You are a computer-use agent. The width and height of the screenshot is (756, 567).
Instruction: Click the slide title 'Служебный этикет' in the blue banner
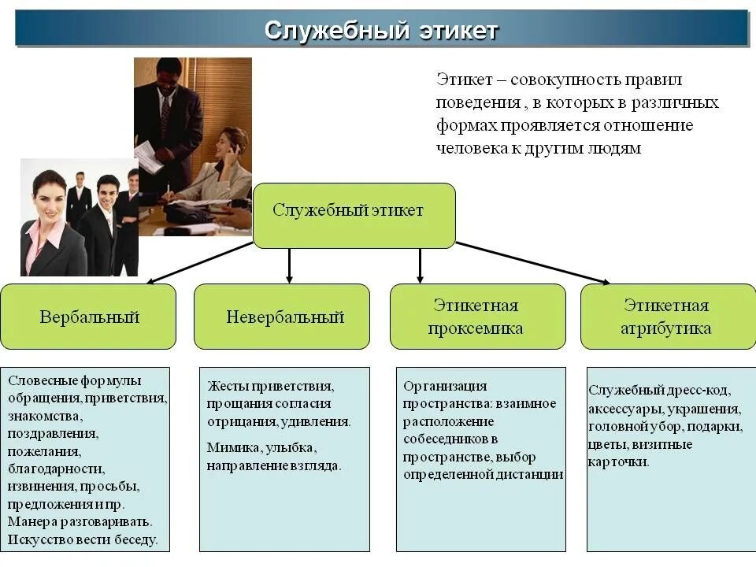381,30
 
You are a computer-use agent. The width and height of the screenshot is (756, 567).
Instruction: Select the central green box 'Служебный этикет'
354,215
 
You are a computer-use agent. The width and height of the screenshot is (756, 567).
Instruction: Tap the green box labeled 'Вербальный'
88,317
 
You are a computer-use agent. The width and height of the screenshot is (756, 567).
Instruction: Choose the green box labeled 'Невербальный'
282,317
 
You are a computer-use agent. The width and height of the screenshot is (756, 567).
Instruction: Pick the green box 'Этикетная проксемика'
477,317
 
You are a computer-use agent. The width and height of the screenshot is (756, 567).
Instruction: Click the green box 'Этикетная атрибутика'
667,317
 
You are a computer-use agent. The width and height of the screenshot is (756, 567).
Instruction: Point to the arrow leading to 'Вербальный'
201,262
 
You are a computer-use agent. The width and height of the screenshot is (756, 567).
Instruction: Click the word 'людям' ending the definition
616,148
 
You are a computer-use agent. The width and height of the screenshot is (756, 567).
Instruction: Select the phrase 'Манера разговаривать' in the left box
79,521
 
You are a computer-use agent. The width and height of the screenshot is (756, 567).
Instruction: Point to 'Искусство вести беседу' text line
83,539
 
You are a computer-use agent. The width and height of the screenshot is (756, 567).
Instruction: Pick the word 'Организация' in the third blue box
445,386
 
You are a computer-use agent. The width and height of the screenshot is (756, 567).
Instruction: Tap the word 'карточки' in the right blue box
618,461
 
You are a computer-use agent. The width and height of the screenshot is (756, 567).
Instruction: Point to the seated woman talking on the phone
224,169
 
